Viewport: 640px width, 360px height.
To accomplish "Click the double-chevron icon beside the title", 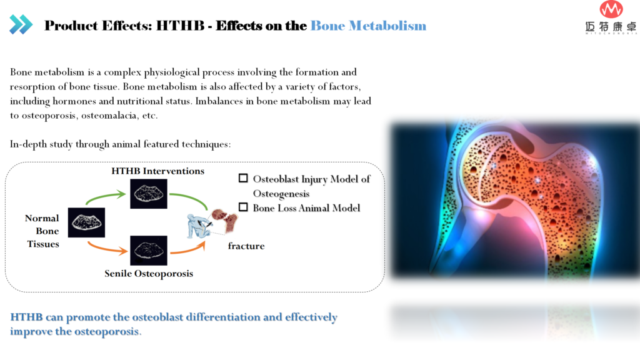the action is coord(21,24).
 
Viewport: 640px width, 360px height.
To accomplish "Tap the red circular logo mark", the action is coord(611,9).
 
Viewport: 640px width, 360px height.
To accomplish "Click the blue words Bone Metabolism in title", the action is coord(368,26).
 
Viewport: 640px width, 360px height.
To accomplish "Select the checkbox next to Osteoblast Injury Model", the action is coord(243,178).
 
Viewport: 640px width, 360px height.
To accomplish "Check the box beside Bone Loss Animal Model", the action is coord(243,207).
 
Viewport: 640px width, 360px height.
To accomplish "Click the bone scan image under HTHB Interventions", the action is coord(149,194).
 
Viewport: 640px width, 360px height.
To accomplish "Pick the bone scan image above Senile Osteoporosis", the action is coord(149,250).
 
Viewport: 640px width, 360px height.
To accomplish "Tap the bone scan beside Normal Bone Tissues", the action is coord(86,222).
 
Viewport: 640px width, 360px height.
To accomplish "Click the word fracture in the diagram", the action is coord(246,246).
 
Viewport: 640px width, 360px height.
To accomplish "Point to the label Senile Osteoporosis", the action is coord(149,274).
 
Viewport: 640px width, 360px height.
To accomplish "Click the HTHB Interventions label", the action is coord(157,171).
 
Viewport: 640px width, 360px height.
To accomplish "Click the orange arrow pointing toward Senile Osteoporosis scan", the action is coord(107,247).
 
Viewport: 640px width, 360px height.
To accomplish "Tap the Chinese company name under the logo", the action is coord(611,27).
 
